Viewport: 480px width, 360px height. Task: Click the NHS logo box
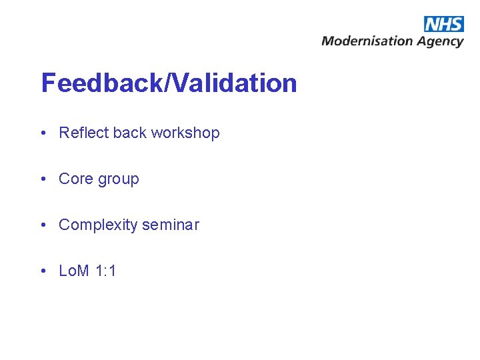point(443,24)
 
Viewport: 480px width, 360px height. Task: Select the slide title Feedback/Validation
point(169,83)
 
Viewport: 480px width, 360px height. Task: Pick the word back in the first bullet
point(129,133)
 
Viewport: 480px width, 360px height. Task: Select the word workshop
point(185,133)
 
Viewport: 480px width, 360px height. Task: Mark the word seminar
point(170,225)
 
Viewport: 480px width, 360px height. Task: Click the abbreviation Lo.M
point(74,271)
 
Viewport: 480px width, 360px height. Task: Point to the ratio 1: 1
point(106,271)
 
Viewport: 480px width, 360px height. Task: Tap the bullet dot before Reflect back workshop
point(43,133)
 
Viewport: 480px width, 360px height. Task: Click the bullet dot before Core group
point(43,179)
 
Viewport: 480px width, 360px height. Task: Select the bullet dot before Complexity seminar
point(43,225)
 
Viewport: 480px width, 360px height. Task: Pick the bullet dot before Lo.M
point(43,271)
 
